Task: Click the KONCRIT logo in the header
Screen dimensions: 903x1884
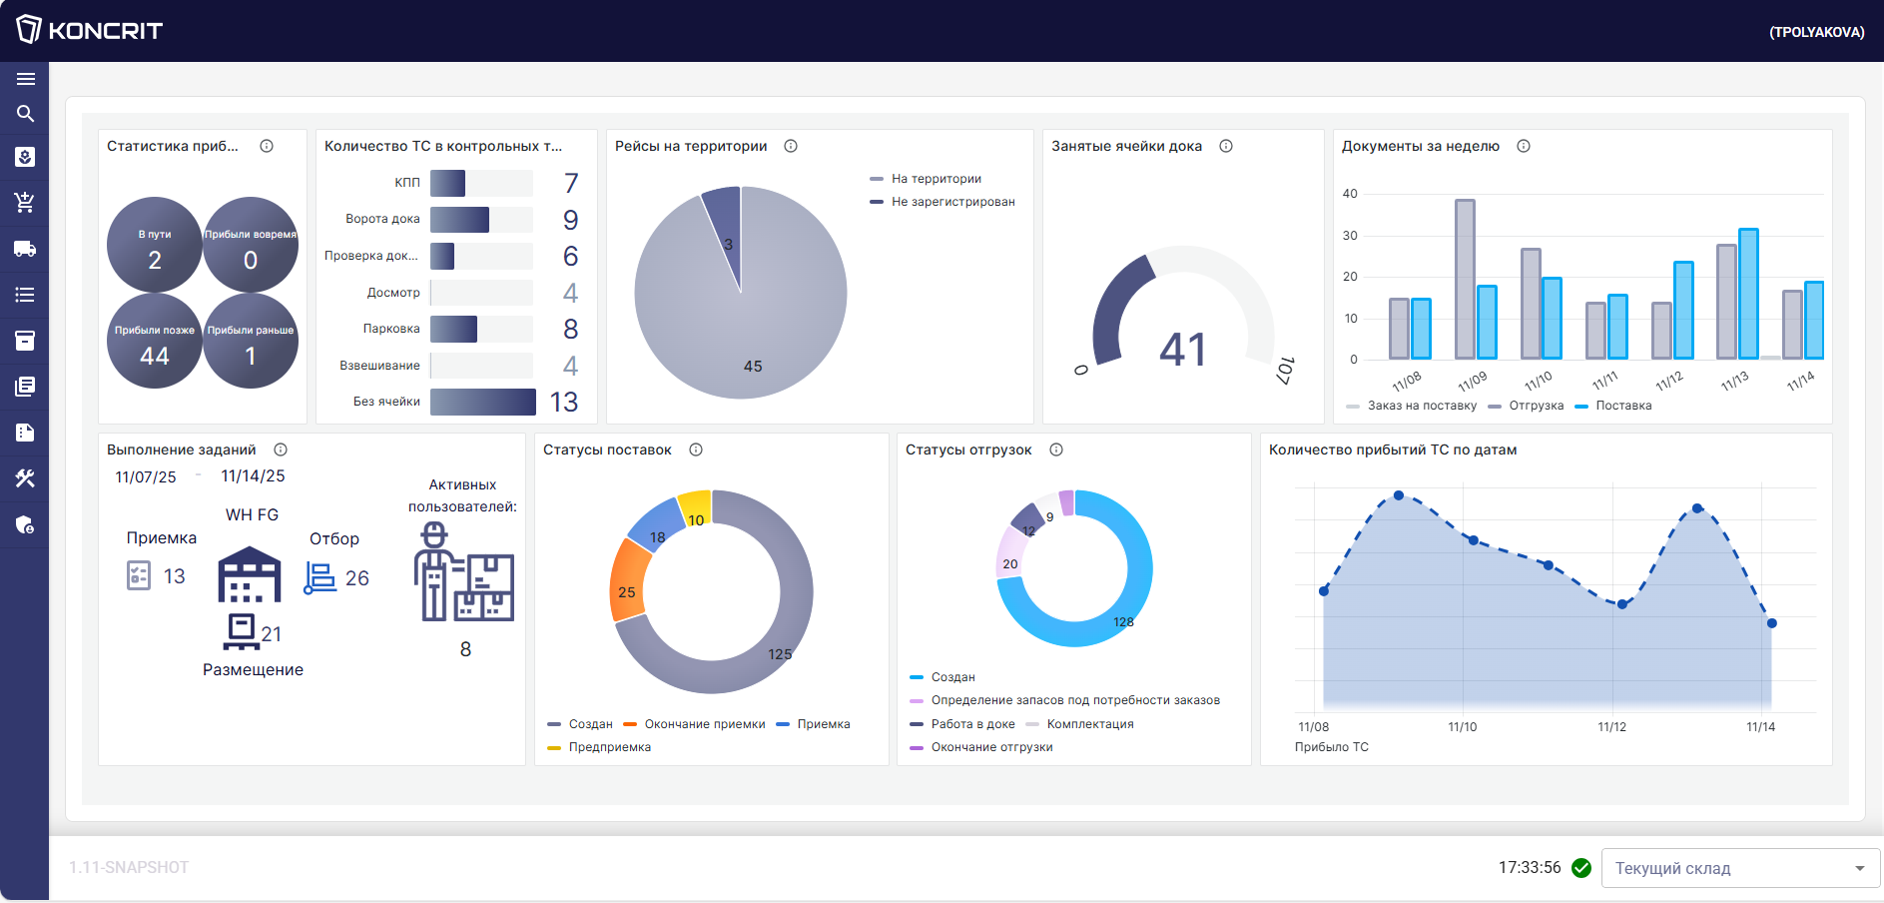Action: click(x=90, y=30)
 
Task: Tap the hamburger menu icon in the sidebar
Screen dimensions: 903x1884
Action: click(x=26, y=79)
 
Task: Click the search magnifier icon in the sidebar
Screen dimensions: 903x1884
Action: click(x=26, y=114)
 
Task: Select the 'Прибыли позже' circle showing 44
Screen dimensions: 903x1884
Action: click(x=155, y=342)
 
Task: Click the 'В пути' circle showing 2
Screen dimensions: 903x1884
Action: click(x=155, y=246)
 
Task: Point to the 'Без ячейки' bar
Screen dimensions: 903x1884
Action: click(x=483, y=402)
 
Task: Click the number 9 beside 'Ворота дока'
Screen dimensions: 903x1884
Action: click(x=570, y=220)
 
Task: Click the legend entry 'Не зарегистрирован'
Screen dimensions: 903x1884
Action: click(x=952, y=202)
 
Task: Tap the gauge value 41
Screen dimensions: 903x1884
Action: click(x=1183, y=350)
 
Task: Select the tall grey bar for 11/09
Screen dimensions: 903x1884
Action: click(x=1465, y=279)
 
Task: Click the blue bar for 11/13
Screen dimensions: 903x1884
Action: click(x=1748, y=294)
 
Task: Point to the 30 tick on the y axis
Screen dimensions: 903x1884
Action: click(x=1350, y=236)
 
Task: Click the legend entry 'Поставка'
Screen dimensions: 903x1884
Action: click(x=1623, y=406)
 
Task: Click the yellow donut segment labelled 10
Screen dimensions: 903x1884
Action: click(x=695, y=506)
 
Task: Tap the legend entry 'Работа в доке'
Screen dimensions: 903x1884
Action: click(x=972, y=724)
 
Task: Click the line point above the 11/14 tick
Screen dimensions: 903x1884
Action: click(x=1772, y=623)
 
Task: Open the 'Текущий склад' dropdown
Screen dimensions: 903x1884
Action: click(x=1740, y=868)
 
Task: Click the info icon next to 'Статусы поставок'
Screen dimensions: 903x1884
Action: click(x=696, y=450)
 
